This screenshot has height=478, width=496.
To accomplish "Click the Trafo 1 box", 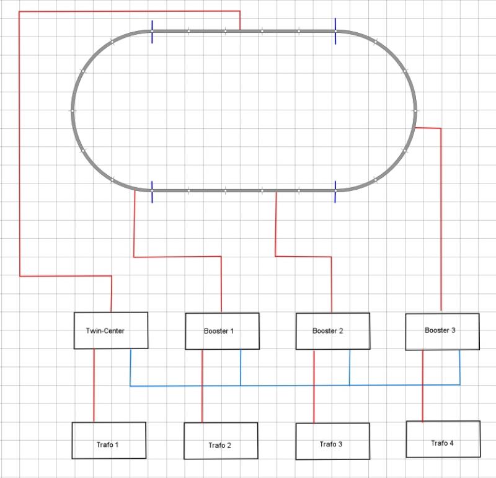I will [108, 441].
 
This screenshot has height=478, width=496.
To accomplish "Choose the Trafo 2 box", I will [221, 441].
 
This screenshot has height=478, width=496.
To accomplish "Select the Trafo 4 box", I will [443, 439].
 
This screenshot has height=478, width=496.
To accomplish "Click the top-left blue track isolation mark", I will [152, 32].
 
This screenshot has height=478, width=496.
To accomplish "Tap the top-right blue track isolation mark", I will [335, 31].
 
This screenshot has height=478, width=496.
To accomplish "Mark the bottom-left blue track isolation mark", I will [152, 192].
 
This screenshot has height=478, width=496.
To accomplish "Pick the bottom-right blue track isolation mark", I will [335, 192].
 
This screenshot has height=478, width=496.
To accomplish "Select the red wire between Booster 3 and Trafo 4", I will [423, 397].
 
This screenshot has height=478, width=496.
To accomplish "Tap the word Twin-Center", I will [105, 330].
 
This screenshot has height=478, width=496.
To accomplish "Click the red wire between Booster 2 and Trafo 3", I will [314, 397].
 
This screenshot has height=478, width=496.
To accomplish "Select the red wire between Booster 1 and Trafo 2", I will [202, 397].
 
